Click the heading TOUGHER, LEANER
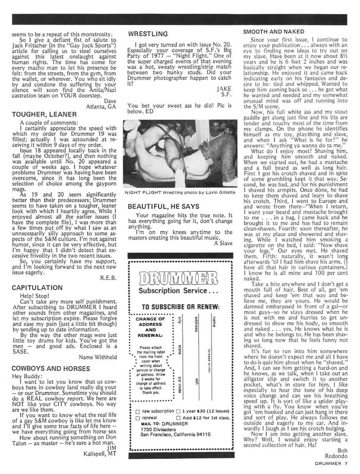pos(44,114)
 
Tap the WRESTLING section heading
pos(148,34)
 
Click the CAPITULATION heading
pos(37,288)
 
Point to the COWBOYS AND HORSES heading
pos(51,369)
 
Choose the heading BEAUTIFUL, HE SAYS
pos(163,207)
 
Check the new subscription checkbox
pos(138,411)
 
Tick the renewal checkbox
pos(138,418)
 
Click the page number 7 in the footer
pos(345,464)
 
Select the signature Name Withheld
pos(98,357)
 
